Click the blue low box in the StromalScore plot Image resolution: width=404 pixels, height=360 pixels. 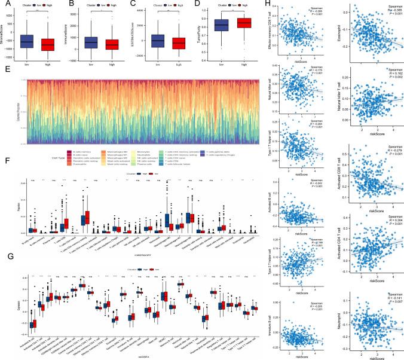[26, 41]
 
